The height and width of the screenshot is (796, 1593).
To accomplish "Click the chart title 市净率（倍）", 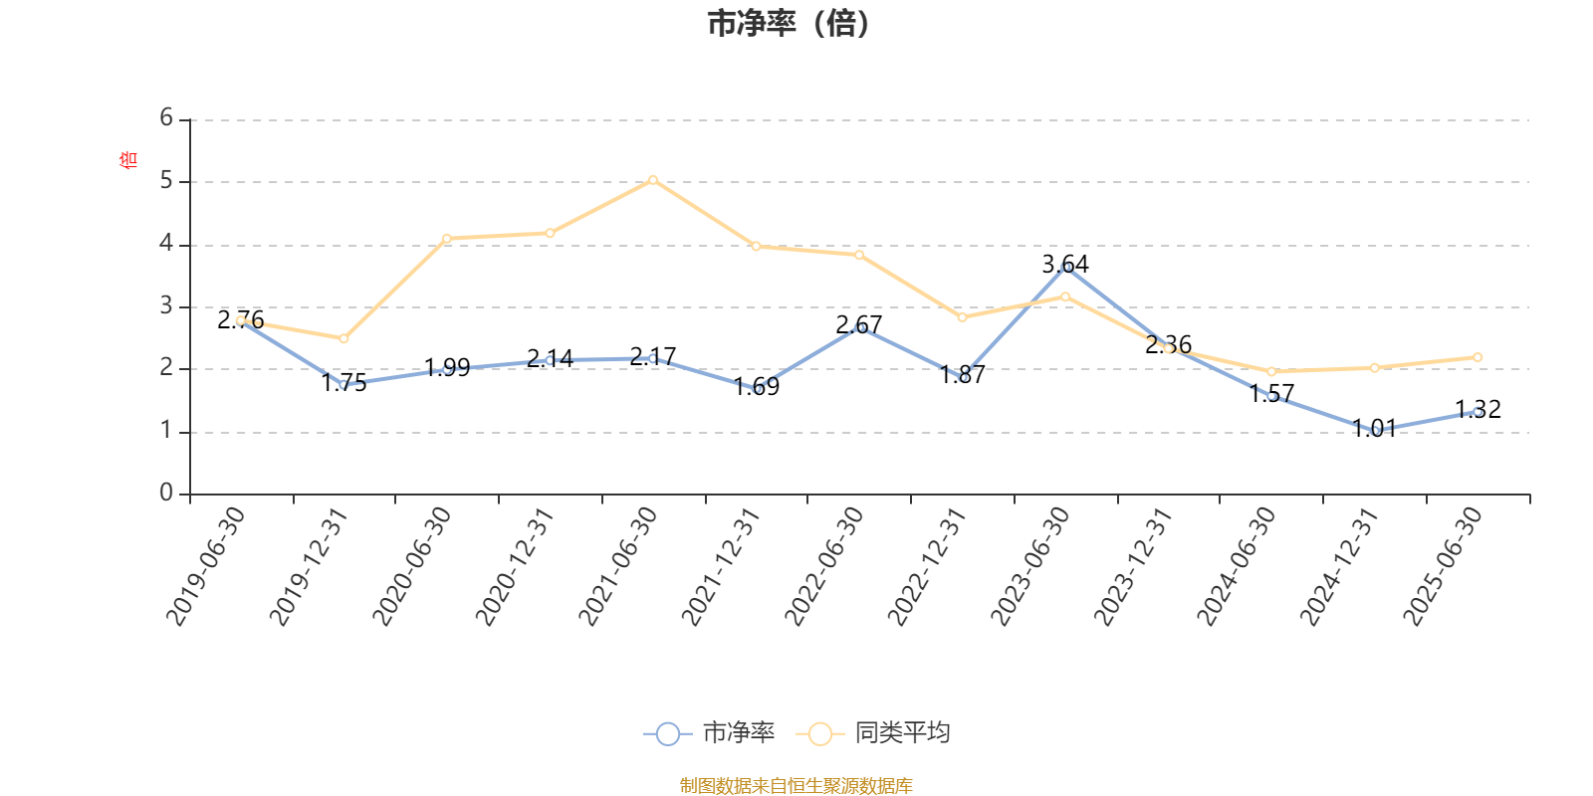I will (789, 24).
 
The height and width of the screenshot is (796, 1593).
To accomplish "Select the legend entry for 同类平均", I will (874, 733).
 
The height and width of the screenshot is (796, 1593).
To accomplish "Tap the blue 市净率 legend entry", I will (710, 733).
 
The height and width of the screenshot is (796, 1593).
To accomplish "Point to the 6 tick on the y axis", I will (166, 118).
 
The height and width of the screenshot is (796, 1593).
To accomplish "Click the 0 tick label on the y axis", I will (166, 494).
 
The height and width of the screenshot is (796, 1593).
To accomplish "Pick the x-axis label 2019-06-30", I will (206, 565).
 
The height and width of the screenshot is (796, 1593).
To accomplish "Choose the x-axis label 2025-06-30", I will (1444, 565).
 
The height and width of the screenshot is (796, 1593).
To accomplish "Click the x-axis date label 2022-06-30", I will (825, 565).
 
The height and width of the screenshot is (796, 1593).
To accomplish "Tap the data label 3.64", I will (1065, 264).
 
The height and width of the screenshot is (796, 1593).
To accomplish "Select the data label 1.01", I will (1374, 429).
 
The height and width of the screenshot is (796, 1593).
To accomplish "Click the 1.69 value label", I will (757, 386).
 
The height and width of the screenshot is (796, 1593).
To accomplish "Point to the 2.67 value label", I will (859, 324).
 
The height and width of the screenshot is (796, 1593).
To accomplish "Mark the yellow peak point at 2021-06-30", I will (653, 180).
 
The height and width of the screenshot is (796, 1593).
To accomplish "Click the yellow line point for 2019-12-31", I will (343, 339).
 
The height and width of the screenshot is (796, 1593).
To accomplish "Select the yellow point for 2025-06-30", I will (1478, 357).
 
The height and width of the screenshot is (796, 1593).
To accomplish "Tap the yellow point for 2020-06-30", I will (447, 239).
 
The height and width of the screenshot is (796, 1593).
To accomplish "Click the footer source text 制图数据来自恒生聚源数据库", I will (796, 786).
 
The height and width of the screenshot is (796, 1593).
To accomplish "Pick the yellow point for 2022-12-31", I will (962, 317).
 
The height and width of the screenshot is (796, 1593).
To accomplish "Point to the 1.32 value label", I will (1478, 409).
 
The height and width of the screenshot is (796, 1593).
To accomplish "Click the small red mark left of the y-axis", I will (126, 159).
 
